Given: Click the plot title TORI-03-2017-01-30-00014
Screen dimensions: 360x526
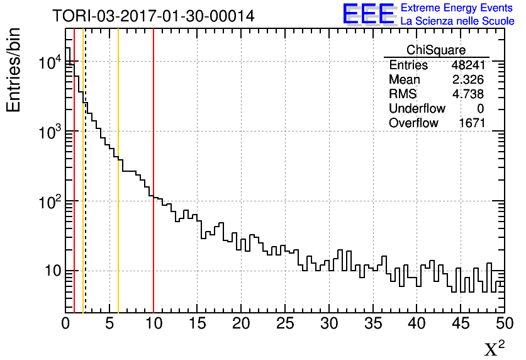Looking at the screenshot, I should pyautogui.click(x=154, y=16).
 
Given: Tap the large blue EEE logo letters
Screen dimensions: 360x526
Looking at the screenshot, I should pyautogui.click(x=368, y=14).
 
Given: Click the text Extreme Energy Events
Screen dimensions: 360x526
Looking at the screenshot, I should pyautogui.click(x=457, y=8).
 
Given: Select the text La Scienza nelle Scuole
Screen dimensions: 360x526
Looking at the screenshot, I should pyautogui.click(x=457, y=21).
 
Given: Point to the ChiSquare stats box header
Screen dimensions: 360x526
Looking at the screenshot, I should pyautogui.click(x=436, y=50).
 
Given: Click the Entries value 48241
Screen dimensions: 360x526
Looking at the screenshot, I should pyautogui.click(x=467, y=65).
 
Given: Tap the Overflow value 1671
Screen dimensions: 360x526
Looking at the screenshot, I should pyautogui.click(x=471, y=123).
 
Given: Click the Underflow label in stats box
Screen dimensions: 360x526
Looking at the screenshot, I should pyautogui.click(x=417, y=109).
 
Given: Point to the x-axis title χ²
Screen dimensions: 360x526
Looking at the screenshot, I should pyautogui.click(x=495, y=348).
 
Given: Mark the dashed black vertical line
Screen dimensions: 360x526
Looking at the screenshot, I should pyautogui.click(x=85, y=189).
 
